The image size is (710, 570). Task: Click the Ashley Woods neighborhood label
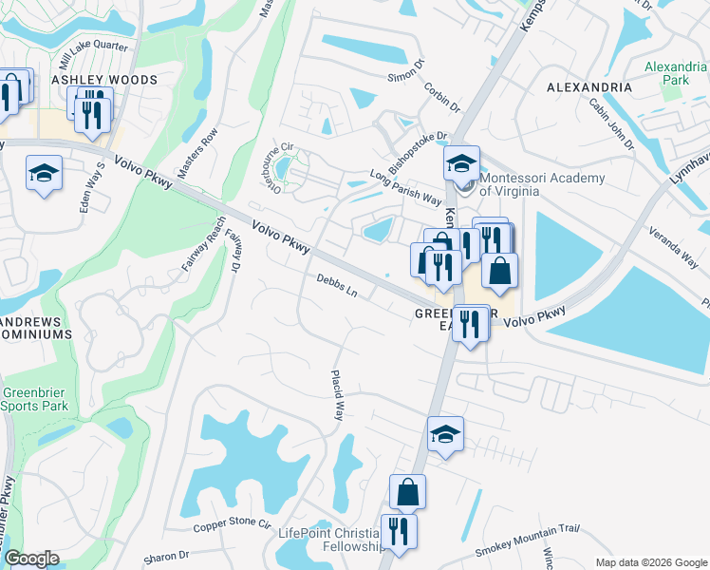[104, 80]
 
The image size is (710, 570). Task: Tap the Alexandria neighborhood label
[589, 87]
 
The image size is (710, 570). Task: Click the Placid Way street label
[338, 395]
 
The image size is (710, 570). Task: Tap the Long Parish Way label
[406, 186]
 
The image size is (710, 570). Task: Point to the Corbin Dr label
[441, 98]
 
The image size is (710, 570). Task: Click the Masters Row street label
[204, 148]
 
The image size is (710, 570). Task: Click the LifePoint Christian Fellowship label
[330, 539]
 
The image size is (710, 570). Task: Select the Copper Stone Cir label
[233, 525]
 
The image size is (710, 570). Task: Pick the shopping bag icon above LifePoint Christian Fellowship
[407, 492]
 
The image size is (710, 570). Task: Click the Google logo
[31, 559]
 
